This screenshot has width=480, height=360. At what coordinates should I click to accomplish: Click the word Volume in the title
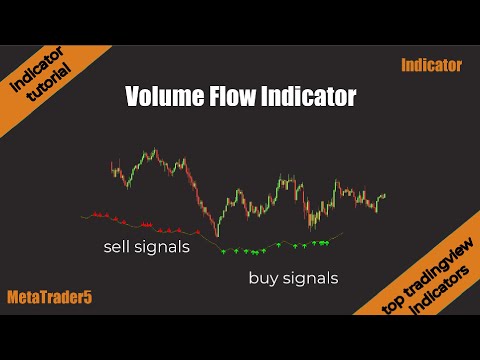tap(160, 97)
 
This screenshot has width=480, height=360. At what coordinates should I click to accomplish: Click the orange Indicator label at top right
tap(431, 66)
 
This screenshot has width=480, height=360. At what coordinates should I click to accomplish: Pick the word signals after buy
tap(310, 278)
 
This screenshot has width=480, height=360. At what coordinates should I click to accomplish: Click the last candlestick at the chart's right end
tap(384, 194)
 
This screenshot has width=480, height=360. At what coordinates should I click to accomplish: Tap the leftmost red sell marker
tap(93, 213)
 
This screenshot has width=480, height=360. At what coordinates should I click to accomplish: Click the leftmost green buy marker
tap(222, 249)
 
